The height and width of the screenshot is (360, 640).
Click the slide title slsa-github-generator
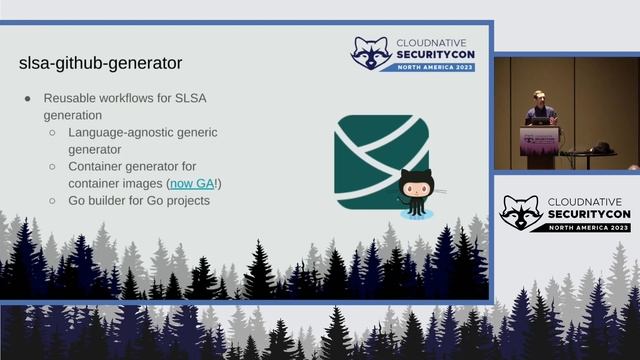point(100,63)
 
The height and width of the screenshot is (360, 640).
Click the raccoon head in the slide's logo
point(370,53)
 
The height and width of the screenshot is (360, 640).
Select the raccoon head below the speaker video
point(520,211)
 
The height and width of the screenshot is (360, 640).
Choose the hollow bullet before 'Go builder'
point(53,200)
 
